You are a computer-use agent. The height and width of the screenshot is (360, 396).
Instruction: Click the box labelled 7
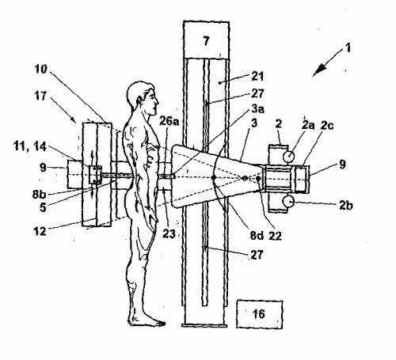(206, 40)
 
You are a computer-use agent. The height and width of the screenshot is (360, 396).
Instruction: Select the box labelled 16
(259, 314)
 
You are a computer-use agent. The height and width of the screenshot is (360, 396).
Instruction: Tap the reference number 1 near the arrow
(348, 48)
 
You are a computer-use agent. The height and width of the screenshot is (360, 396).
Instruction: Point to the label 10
(41, 69)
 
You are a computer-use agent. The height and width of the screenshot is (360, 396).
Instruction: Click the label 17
(40, 96)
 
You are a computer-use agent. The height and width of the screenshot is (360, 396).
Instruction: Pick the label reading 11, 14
(30, 146)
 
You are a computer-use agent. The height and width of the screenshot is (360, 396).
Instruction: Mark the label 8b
(40, 195)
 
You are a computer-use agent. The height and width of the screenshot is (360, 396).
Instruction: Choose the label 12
(40, 231)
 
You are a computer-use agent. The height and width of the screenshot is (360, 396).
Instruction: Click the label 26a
(169, 121)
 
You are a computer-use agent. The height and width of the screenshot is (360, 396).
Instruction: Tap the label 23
(169, 233)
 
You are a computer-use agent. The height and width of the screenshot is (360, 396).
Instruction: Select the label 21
(257, 76)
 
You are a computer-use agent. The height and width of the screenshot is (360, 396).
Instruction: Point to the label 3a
(257, 108)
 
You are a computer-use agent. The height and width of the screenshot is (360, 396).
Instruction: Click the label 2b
(346, 205)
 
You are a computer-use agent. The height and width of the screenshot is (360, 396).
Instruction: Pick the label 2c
(327, 126)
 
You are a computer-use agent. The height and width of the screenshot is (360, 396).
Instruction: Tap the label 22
(275, 236)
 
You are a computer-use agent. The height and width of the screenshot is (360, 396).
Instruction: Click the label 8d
(257, 236)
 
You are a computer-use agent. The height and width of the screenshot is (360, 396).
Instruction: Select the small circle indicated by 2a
(288, 157)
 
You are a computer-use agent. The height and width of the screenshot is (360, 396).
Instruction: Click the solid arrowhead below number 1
(319, 70)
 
